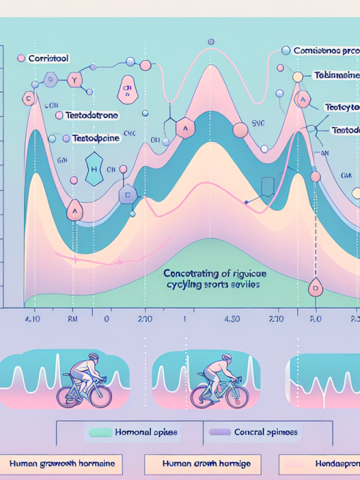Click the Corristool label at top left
tap(49, 59)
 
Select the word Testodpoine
tap(96, 138)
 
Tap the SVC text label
tap(258, 124)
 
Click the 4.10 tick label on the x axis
tap(32, 318)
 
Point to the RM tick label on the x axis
tap(74, 318)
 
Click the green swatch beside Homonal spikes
tap(100, 432)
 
